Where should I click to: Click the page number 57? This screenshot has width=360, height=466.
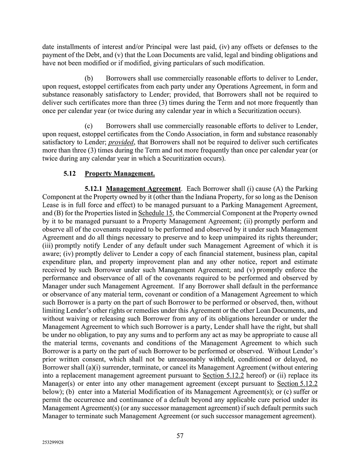pos(180,436)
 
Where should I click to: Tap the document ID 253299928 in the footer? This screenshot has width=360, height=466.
pos(53,443)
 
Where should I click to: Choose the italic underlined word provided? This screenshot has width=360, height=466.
pos(121,142)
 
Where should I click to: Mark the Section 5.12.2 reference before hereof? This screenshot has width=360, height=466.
pos(223,376)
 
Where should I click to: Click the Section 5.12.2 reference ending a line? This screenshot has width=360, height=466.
pos(297,383)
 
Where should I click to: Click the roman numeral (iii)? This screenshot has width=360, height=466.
pos(49,246)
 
